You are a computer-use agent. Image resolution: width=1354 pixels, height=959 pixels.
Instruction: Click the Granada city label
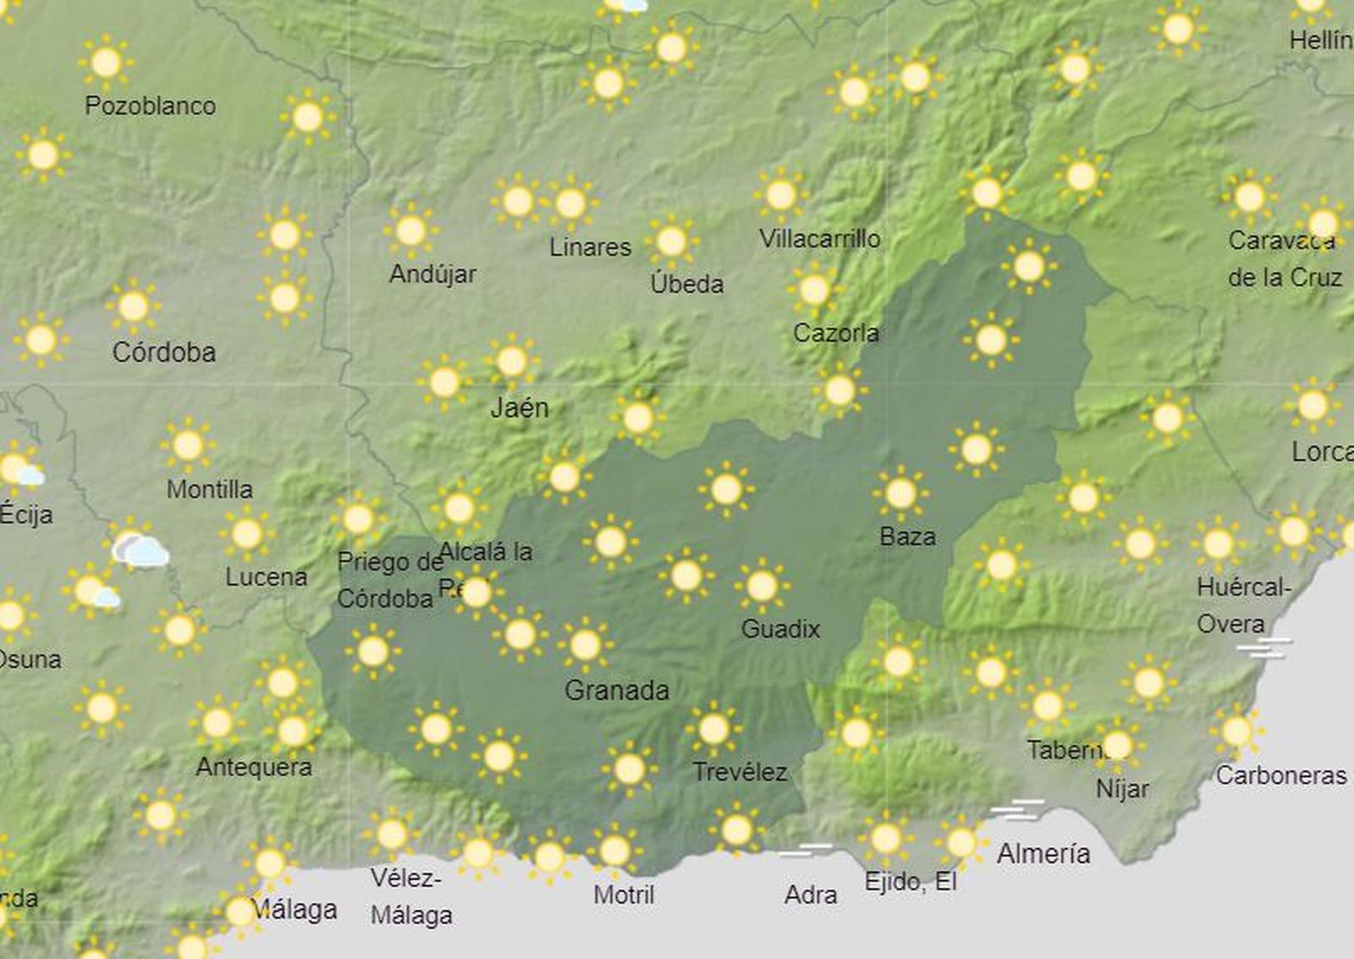616,691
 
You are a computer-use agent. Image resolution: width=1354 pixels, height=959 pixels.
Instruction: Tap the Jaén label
520,408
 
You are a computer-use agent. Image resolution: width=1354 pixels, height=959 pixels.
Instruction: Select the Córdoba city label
164,352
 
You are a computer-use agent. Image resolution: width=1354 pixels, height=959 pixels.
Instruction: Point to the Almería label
1043,854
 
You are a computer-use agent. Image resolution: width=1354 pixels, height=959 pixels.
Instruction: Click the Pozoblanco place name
150,106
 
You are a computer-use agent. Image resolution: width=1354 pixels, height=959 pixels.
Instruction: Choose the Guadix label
780,629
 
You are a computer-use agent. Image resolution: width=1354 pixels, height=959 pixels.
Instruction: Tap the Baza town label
907,537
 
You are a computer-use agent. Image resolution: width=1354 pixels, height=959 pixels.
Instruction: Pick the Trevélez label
740,772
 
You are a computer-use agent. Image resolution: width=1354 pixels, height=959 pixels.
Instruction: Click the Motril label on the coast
624,895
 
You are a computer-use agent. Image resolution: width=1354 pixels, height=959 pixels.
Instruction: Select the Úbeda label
686,284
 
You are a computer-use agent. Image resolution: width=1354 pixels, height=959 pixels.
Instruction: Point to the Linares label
590,247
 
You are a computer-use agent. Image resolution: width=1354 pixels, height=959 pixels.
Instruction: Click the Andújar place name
432,274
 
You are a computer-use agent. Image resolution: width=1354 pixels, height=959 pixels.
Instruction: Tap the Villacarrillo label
819,240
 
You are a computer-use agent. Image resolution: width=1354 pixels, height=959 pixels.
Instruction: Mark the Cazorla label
835,333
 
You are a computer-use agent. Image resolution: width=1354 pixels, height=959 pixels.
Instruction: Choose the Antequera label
254,767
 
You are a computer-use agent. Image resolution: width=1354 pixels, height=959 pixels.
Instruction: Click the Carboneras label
1280,775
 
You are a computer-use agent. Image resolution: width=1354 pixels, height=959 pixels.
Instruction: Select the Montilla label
209,489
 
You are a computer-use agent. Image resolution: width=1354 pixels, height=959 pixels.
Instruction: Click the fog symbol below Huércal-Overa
1264,648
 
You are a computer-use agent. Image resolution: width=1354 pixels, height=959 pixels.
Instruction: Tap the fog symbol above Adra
806,849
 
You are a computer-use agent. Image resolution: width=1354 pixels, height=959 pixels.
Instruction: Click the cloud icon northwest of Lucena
141,551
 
